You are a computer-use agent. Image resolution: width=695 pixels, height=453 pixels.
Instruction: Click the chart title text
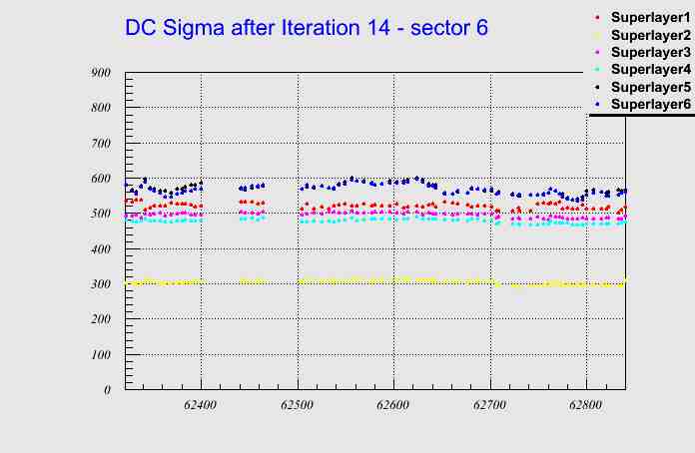pos(307,28)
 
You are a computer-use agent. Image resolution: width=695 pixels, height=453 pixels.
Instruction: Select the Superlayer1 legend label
pos(649,19)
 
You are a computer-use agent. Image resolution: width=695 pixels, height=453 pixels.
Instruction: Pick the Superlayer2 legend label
pos(649,36)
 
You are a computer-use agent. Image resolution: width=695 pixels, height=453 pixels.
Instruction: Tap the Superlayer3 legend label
pos(649,52)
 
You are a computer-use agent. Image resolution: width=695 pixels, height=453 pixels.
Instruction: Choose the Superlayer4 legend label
pos(649,69)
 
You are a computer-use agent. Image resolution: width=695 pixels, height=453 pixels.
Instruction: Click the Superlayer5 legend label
pos(649,87)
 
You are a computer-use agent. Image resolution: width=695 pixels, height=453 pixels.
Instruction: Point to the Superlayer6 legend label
pos(649,104)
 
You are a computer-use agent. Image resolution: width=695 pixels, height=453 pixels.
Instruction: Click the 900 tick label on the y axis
pos(100,72)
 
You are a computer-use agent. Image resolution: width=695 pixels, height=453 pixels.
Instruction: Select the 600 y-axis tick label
pos(100,179)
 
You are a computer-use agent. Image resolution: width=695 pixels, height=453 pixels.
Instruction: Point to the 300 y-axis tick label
pos(100,284)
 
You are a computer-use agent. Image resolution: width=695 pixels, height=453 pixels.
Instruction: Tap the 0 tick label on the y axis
pos(106,390)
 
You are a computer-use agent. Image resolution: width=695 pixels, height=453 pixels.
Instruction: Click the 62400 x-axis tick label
pos(201,406)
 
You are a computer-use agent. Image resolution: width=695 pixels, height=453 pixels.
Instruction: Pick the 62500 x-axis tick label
pos(298,406)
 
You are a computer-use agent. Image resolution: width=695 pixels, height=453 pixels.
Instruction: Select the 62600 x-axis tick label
pos(393,406)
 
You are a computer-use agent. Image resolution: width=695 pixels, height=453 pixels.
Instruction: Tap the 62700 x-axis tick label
pos(490,406)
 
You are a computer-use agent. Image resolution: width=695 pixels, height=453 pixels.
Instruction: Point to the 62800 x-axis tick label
pos(586,406)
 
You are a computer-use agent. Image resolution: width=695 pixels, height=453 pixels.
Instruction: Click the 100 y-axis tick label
pos(100,355)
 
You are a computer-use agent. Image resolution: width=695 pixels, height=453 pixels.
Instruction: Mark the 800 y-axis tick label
pos(100,108)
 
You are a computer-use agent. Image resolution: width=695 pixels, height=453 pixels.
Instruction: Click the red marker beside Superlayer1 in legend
pos(597,19)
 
